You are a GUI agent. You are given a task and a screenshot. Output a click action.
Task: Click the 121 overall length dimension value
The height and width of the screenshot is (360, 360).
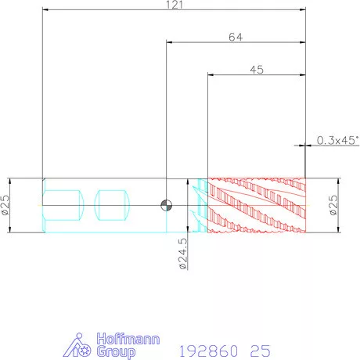[175, 5]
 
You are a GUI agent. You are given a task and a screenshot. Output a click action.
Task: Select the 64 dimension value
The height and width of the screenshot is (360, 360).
[236, 37]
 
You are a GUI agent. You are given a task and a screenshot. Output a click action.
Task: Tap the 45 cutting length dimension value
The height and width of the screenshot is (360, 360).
[257, 70]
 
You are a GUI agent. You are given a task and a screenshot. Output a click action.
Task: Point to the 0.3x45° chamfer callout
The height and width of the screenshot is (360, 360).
[337, 140]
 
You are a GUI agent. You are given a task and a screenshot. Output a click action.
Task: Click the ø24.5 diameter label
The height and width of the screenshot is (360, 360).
[183, 254]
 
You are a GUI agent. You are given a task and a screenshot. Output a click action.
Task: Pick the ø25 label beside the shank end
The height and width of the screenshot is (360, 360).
[5, 205]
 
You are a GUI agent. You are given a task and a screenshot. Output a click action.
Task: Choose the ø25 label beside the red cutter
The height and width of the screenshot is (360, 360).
[333, 205]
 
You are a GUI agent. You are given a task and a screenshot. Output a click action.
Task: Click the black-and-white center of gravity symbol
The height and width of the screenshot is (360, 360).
[166, 205]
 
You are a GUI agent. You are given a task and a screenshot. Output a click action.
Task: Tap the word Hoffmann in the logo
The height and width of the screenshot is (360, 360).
[128, 339]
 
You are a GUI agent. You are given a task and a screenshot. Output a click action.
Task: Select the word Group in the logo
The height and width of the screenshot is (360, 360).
[116, 352]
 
